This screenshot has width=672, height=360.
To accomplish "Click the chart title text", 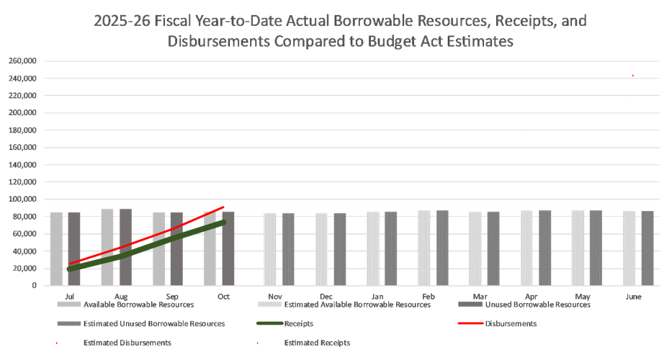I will coord(340,30).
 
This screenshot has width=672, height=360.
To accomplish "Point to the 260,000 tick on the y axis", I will coord(23,60).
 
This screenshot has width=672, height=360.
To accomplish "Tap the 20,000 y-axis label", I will coord(25,269).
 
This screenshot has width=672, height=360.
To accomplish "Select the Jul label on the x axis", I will coord(69,296).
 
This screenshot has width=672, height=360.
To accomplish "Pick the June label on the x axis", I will coord(634,296).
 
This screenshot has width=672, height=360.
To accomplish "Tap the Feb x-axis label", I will coord(429,296).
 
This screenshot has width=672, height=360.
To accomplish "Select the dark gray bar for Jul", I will coord(74,248).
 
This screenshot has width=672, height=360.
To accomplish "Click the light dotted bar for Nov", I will coord(270,249).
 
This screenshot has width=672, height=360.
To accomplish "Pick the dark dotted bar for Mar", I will coord(493,248).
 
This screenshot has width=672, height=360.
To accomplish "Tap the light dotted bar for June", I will coord(630,248).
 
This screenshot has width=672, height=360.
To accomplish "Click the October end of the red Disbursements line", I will coord(224,207).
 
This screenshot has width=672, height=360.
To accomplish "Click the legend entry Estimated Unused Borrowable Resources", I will coord(154,324).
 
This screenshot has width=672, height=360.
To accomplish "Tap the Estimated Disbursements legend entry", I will coord(127,343).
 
